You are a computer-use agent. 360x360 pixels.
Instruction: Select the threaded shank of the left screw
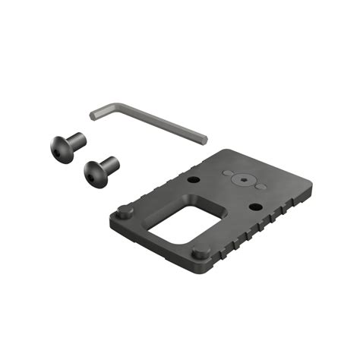77,141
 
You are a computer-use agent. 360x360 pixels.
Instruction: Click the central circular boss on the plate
242,181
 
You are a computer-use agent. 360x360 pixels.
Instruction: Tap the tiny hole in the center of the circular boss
242,181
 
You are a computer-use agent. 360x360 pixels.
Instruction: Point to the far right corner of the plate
311,185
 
